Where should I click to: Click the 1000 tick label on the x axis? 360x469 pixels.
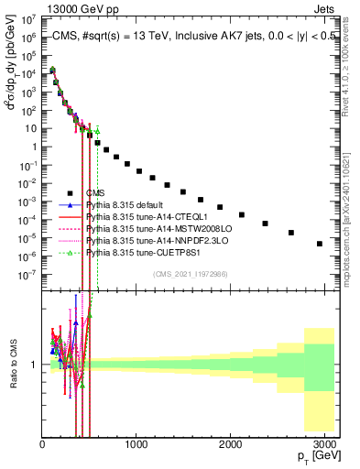click(136, 444)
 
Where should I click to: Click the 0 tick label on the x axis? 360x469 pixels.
click(42, 444)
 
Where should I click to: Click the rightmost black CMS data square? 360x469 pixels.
click(319, 244)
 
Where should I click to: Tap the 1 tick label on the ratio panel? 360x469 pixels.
click(34, 365)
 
